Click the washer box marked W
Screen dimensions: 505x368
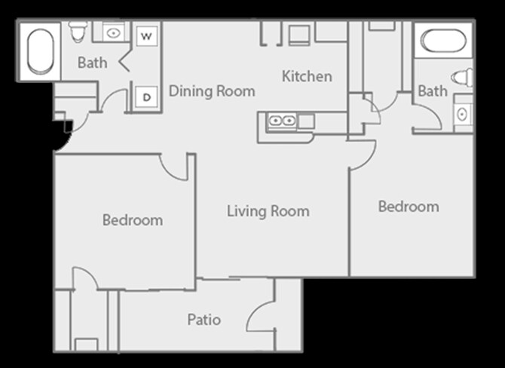pyautogui.click(x=146, y=35)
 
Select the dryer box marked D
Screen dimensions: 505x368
pyautogui.click(x=146, y=97)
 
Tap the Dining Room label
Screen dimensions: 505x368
pyautogui.click(x=212, y=91)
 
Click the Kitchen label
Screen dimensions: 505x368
pyautogui.click(x=307, y=76)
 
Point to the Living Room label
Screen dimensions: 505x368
pyautogui.click(x=268, y=211)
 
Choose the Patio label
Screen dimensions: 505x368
pyautogui.click(x=204, y=320)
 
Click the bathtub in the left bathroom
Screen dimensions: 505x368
pyautogui.click(x=41, y=51)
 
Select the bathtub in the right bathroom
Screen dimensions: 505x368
pyautogui.click(x=443, y=41)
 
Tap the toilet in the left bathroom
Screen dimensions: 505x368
pyautogui.click(x=78, y=32)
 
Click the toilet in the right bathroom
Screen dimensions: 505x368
pyautogui.click(x=462, y=78)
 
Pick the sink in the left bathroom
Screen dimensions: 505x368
pyautogui.click(x=113, y=33)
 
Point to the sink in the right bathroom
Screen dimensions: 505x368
pyautogui.click(x=463, y=114)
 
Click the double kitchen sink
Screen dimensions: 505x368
pyautogui.click(x=282, y=121)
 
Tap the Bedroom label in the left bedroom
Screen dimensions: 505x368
pyautogui.click(x=133, y=220)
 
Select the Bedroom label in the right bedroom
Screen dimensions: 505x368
pyautogui.click(x=409, y=207)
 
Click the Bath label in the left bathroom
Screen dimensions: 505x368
pyautogui.click(x=93, y=63)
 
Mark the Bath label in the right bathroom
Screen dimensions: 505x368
pyautogui.click(x=433, y=91)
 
